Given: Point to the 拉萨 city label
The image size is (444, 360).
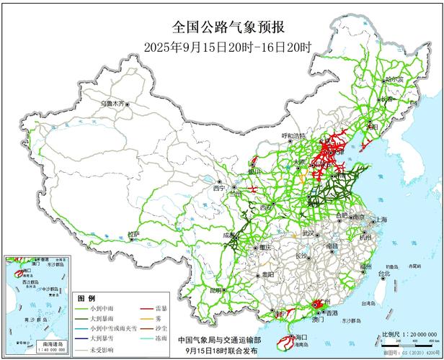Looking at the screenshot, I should pos(134,234).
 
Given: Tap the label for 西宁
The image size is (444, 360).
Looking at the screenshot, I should pos(219,188).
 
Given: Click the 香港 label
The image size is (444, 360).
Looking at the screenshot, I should pos(331,313).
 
